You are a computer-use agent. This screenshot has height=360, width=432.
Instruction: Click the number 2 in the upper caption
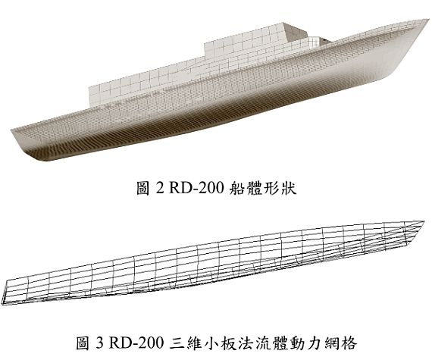(159, 189)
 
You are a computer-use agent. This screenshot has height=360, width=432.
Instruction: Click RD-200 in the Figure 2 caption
(196, 189)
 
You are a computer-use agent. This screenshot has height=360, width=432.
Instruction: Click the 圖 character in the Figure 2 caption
(143, 189)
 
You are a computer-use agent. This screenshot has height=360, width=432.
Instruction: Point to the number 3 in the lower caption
(99, 343)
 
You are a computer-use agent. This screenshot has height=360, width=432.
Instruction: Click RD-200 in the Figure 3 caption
(136, 343)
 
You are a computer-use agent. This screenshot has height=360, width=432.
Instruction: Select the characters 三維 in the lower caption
(184, 343)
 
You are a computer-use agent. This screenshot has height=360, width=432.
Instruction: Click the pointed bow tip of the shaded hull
(428, 20)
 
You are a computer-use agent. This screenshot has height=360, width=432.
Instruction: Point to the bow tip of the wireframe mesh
(422, 221)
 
